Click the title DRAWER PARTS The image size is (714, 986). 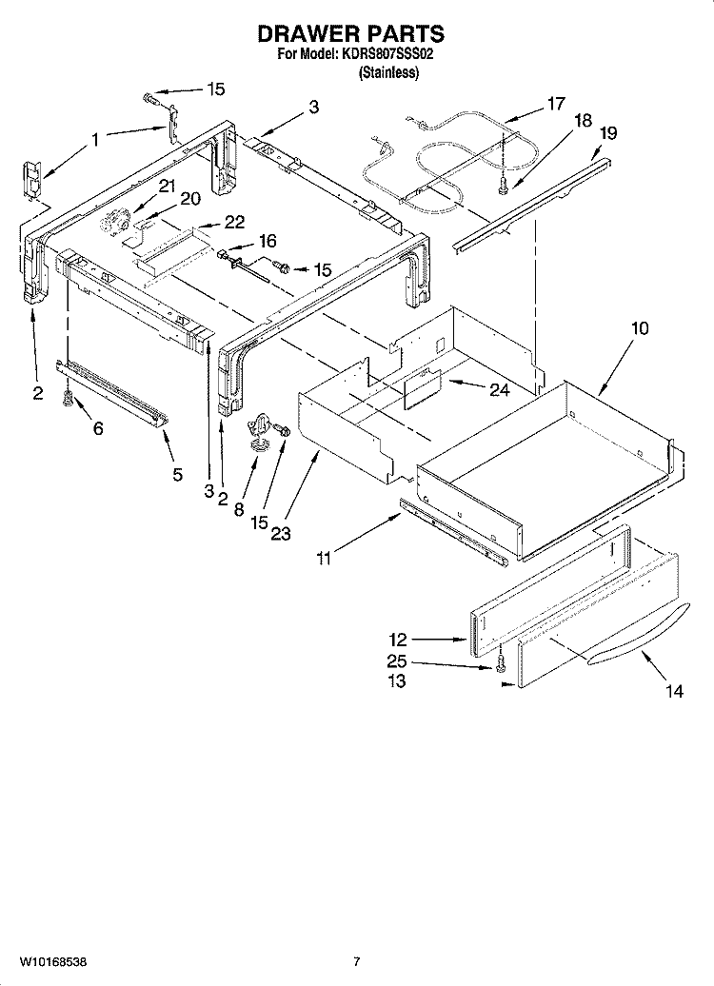(351, 35)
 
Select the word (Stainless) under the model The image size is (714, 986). (387, 73)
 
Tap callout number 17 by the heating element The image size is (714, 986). (556, 104)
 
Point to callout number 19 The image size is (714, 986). (608, 134)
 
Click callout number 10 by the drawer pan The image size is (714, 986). (640, 328)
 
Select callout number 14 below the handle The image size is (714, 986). (674, 692)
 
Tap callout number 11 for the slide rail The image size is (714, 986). (324, 560)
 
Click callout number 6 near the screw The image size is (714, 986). (98, 429)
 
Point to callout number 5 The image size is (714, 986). (178, 474)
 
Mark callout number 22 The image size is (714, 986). (234, 223)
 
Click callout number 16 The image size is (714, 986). (268, 240)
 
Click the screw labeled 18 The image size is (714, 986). (505, 185)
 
